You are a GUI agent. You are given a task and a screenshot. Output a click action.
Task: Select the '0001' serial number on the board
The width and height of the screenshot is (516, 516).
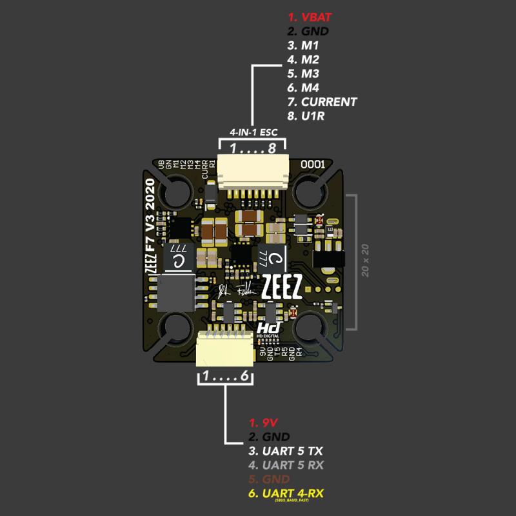coord(313,165)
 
